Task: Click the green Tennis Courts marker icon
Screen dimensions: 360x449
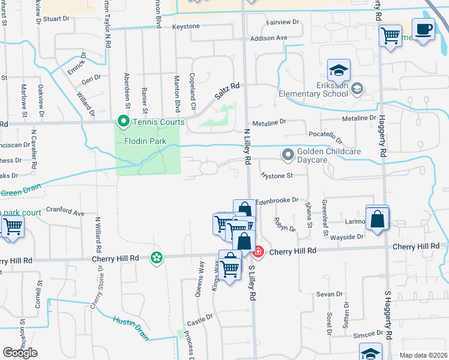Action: (x=123, y=122)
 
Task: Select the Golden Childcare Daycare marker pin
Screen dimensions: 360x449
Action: (x=288, y=155)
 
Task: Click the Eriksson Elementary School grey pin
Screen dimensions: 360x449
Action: (x=357, y=89)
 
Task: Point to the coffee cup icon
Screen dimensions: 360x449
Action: (x=424, y=29)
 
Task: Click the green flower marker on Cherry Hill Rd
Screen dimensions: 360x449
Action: (x=157, y=257)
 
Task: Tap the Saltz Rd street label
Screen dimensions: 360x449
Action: (x=228, y=91)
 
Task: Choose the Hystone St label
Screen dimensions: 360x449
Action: (x=276, y=176)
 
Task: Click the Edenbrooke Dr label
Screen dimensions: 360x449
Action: (x=277, y=200)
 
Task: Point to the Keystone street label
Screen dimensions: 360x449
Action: (x=185, y=27)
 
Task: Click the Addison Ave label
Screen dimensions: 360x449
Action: (x=269, y=38)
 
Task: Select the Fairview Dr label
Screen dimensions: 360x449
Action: (x=283, y=22)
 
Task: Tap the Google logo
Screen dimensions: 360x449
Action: (x=20, y=353)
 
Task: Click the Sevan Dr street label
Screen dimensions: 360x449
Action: (x=329, y=294)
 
